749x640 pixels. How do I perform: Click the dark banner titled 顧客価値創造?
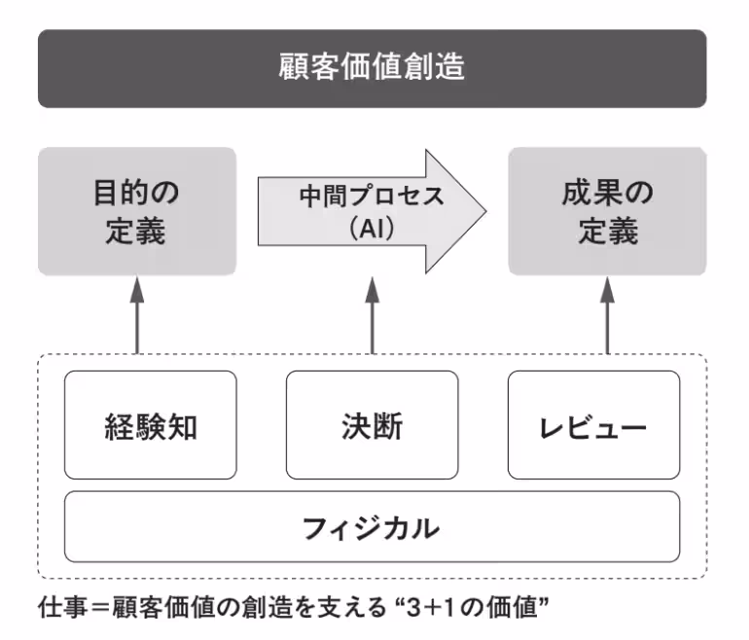(x=373, y=68)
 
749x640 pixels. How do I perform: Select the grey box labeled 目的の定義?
(x=136, y=211)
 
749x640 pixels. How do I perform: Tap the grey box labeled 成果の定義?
(x=607, y=211)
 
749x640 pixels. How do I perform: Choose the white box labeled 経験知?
(x=150, y=426)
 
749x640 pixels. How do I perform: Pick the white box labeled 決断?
(x=372, y=426)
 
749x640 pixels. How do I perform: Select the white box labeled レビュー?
(x=593, y=426)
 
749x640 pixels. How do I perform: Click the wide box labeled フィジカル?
(x=372, y=528)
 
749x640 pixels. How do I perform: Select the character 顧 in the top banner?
(x=291, y=68)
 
